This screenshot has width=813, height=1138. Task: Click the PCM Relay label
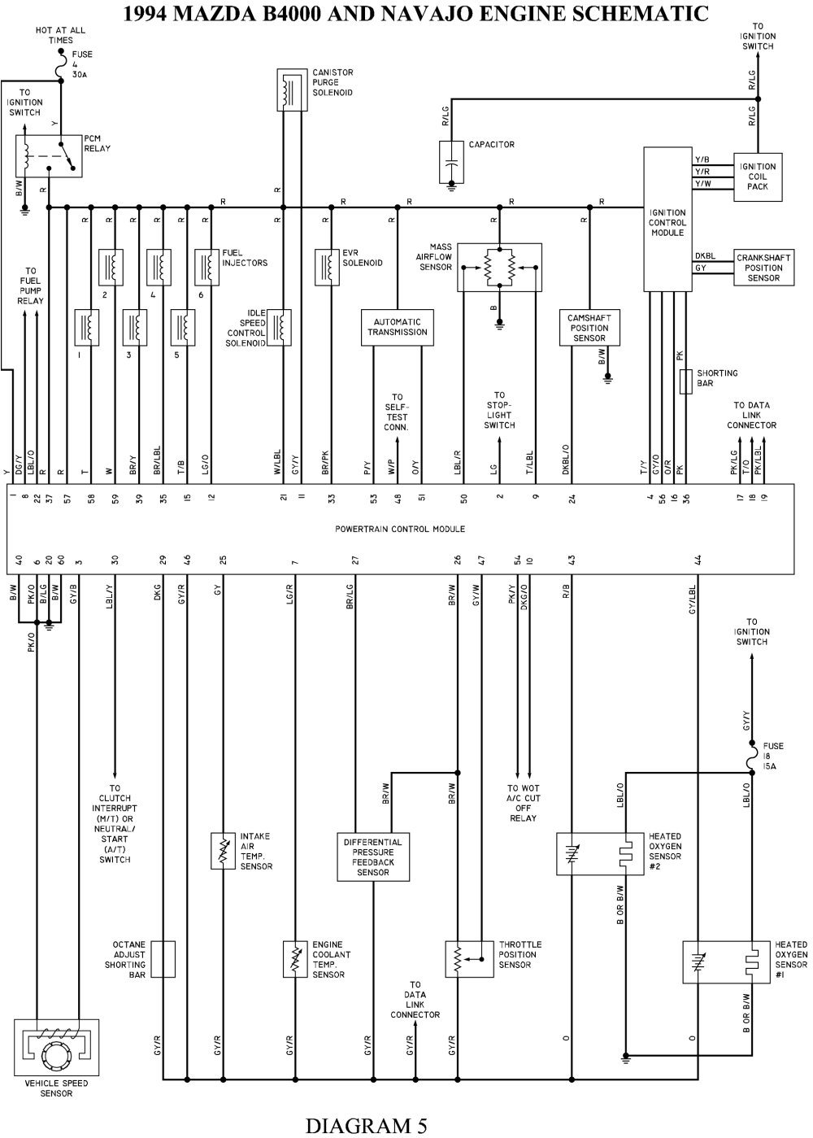point(97,143)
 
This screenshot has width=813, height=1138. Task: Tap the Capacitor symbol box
point(451,162)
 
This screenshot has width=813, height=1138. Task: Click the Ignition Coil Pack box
point(758,177)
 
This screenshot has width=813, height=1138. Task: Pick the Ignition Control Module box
point(667,219)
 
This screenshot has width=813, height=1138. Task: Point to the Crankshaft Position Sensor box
point(763,268)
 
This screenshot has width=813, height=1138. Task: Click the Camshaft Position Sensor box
point(589,327)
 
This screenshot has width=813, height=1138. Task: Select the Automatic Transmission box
point(397,327)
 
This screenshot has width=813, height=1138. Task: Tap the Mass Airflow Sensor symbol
point(498,267)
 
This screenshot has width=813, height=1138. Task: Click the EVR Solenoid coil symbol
point(327,267)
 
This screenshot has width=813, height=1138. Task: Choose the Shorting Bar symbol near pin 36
point(685,381)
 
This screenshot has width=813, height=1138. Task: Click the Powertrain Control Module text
point(400,529)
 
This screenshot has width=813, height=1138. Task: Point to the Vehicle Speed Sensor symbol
point(56,1048)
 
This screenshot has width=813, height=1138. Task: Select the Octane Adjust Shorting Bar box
point(163,959)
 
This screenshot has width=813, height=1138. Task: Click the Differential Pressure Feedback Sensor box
point(373,857)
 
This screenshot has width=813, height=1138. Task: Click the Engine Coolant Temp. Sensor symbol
point(295,959)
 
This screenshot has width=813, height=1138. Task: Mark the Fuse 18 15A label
point(772,756)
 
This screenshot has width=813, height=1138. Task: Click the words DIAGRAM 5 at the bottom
point(365,1125)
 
